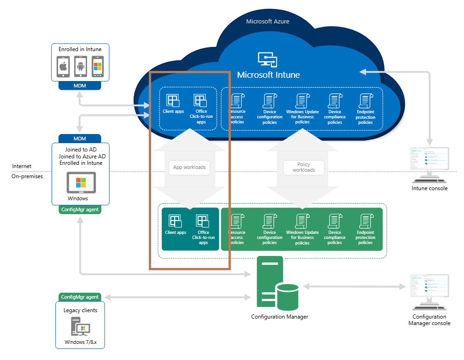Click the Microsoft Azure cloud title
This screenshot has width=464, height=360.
click(267, 22)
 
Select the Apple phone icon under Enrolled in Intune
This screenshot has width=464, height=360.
click(63, 67)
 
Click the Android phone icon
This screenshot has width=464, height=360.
click(80, 67)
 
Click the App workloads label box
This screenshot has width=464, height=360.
click(189, 168)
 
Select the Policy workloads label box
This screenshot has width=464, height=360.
click(304, 168)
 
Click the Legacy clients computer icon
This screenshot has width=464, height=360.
click(80, 328)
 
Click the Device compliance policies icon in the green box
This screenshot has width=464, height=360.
click(335, 221)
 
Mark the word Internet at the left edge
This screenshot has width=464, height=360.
click(22, 166)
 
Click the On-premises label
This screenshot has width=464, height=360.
click(27, 176)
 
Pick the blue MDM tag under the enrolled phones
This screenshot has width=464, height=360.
click(80, 86)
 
